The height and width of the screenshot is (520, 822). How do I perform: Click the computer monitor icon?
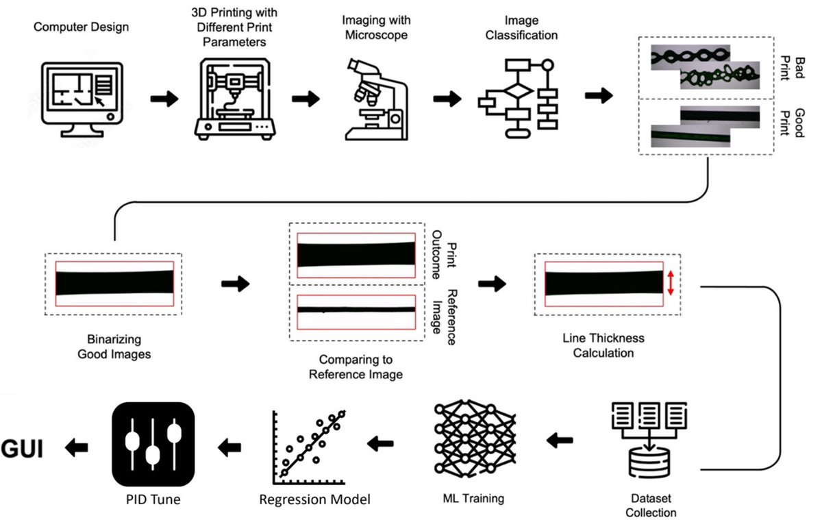82,98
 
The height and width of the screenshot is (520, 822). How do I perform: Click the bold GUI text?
23,449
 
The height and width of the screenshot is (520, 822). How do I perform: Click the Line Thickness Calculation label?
603,345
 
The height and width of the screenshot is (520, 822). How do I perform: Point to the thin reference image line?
356,309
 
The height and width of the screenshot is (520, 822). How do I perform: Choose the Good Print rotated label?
790,122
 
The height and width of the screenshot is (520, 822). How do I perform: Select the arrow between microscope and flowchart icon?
447,98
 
